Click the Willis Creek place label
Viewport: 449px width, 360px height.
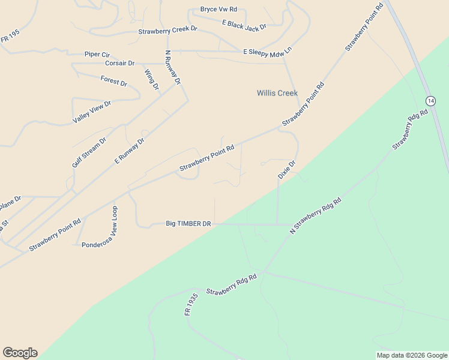point(277,93)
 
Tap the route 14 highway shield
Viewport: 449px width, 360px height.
point(430,100)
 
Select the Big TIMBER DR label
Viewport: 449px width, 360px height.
point(188,224)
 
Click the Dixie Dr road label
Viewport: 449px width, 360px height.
point(287,169)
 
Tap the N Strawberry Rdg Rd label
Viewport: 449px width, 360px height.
point(315,215)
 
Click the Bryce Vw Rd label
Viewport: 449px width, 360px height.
point(218,10)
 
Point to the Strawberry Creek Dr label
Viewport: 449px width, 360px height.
point(167,31)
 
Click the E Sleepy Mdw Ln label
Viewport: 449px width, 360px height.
point(267,52)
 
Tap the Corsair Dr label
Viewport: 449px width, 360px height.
point(119,63)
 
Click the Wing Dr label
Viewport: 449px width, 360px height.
point(151,79)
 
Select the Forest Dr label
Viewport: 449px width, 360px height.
point(114,81)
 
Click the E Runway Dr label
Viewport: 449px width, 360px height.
point(130,151)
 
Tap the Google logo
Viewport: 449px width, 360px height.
point(20,353)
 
